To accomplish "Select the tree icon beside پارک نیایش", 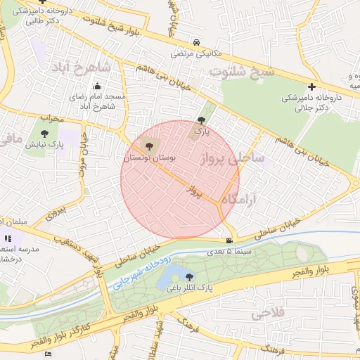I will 44,133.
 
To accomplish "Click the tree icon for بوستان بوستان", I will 148,146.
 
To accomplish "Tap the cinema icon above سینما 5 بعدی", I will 229,241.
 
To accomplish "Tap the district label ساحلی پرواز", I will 233,157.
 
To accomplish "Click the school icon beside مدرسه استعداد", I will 9,238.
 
